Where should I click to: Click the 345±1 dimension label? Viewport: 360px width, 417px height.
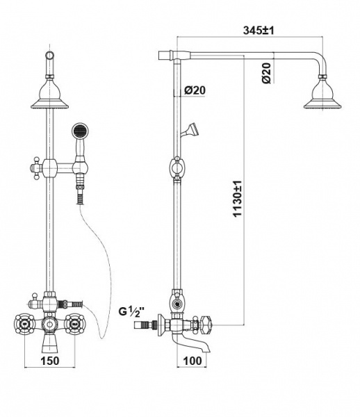tap(258, 31)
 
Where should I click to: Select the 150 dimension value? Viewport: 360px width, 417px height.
tap(50, 361)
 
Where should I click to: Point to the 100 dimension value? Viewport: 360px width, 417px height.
tap(193, 361)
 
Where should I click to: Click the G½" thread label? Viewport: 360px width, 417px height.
tap(131, 311)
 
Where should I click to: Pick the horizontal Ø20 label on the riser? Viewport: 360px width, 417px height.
tap(195, 90)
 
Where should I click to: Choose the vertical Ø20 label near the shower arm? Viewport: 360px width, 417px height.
tap(266, 73)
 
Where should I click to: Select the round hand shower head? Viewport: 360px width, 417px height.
tap(80, 131)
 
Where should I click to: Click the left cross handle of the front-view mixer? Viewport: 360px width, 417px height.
tap(24, 324)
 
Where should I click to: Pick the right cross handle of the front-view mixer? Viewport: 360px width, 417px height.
tap(75, 324)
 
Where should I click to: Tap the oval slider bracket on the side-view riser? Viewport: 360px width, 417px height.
tap(177, 168)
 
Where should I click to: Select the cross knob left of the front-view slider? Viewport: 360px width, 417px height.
tap(36, 168)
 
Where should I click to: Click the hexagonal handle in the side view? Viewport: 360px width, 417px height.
tap(207, 325)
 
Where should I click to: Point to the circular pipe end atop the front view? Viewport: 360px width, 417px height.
tap(50, 55)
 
